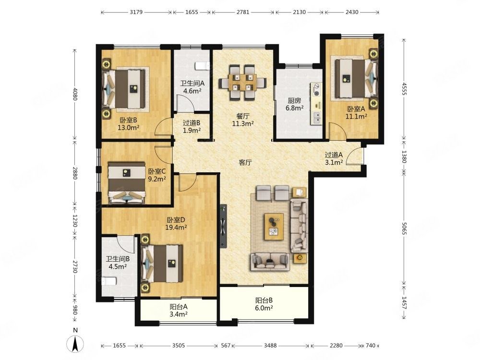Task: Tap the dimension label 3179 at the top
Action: [136, 12]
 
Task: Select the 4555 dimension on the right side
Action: [404, 89]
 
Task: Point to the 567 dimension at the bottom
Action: [226, 346]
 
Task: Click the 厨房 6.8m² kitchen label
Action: [295, 104]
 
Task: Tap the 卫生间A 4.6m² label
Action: [192, 87]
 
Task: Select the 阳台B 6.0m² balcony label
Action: [264, 304]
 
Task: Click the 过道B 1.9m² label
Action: [192, 126]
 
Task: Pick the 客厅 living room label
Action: [245, 162]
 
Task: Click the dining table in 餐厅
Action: [242, 83]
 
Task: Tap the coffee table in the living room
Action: [274, 227]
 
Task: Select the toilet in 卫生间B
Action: [109, 281]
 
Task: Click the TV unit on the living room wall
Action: [223, 226]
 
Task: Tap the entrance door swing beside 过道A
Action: [355, 156]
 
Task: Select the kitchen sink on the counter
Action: [316, 117]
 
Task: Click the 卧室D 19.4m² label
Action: [176, 224]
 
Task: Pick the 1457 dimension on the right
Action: [404, 302]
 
